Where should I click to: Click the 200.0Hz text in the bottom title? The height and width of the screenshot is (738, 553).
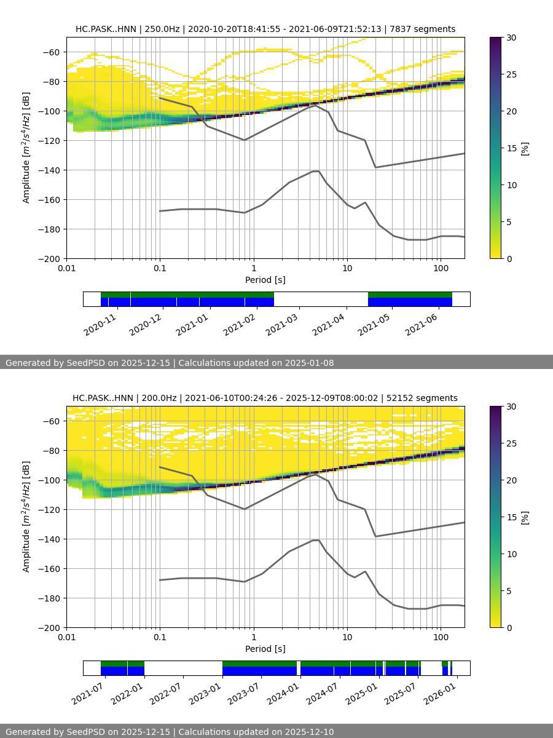point(157,398)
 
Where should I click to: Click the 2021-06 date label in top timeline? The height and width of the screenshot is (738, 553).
point(421,324)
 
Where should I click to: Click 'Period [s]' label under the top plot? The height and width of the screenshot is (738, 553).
point(265,280)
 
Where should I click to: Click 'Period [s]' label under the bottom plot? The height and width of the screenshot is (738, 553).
point(265,649)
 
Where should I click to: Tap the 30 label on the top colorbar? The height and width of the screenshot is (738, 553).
point(511,38)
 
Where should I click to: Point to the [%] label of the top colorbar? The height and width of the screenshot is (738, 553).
point(525,148)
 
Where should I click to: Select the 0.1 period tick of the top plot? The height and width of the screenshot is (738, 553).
point(160,268)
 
